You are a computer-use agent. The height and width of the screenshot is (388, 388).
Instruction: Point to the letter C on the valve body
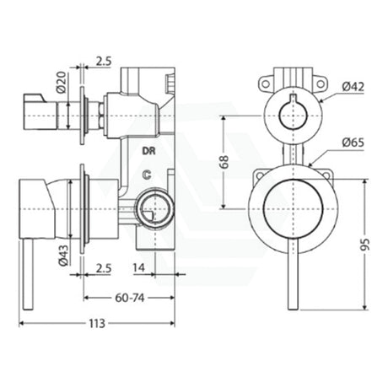tap(148, 176)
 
